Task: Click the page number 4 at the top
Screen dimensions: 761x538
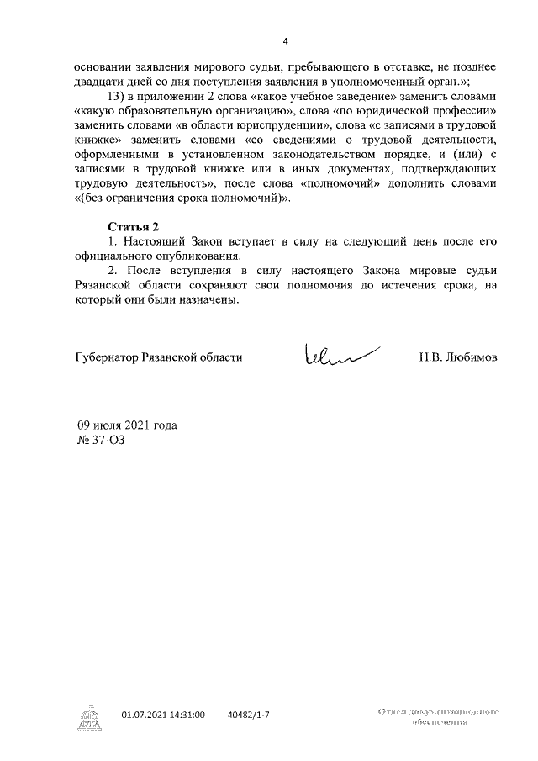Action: coord(285,42)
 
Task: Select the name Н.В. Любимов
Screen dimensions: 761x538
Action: coord(458,357)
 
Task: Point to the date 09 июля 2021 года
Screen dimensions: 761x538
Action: coord(127,425)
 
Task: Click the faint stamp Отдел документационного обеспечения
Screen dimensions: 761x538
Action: coord(439,716)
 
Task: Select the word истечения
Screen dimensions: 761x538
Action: coord(405,286)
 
